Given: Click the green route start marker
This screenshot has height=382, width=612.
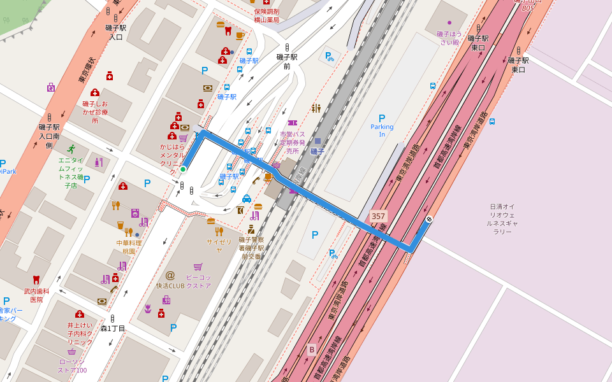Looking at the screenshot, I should tap(183, 169).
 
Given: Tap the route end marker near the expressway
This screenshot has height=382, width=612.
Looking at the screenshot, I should tap(428, 220).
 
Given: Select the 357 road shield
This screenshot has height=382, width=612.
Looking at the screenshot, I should tap(378, 216).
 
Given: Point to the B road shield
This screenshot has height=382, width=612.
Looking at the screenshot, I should tap(312, 349).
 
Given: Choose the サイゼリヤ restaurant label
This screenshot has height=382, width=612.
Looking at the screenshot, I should tap(219, 246).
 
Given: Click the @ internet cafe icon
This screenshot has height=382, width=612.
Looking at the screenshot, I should tap(170, 275).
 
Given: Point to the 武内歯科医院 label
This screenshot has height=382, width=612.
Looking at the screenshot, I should tap(36, 295).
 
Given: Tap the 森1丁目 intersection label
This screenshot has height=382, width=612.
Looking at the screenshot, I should tap(113, 329).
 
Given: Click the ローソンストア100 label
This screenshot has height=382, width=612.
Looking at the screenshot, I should tap(72, 365).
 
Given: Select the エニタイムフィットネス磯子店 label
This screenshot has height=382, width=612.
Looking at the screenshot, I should tap(71, 173).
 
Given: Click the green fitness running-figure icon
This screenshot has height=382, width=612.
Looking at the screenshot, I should tap(71, 148).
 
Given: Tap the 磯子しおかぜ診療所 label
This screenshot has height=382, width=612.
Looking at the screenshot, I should tap(95, 112).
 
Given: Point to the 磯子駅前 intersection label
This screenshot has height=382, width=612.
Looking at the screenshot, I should tap(287, 61).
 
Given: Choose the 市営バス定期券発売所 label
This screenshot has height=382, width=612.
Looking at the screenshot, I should tap(293, 143).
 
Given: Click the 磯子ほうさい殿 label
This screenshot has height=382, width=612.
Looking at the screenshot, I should tap(448, 38).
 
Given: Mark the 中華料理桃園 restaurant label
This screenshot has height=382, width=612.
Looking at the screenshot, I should tap(129, 247).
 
